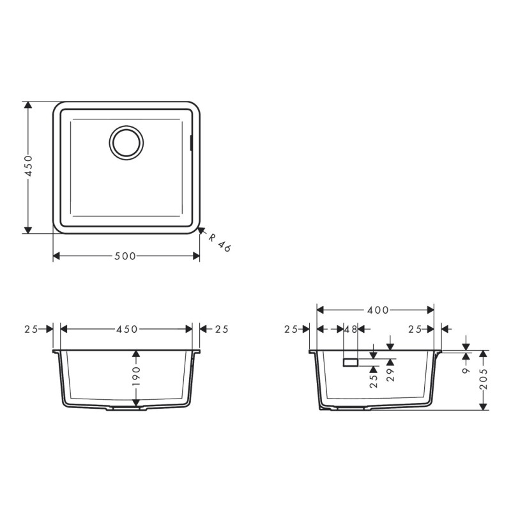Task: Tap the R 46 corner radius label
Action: coord(219,243)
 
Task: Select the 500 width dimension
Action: coord(125,256)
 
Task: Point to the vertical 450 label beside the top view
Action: coord(27,167)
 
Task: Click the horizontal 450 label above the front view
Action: coord(126,330)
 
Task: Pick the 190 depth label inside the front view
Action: coord(135,379)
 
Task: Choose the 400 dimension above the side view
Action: coord(378,310)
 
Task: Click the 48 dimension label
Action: coord(351,330)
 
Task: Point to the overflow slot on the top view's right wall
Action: coord(192,142)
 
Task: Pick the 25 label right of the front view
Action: coord(221,330)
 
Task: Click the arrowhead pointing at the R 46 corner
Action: coord(201,231)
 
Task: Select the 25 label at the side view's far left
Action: coord(291,330)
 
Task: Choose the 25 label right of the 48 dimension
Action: coord(415,330)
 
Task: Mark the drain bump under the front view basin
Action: coord(126,409)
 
